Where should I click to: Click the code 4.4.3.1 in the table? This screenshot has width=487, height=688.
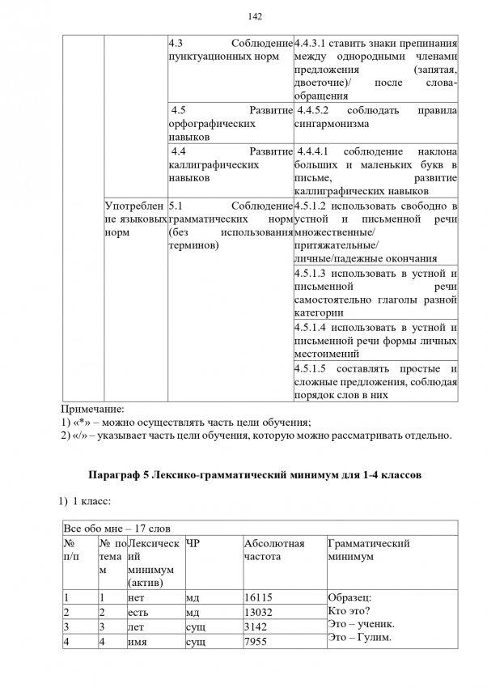tap(318, 43)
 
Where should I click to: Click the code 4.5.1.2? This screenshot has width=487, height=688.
tap(315, 205)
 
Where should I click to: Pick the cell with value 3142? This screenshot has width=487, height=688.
tap(255, 626)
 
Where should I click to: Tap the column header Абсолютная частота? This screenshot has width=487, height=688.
tap(274, 550)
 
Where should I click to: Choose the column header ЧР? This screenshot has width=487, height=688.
tap(193, 543)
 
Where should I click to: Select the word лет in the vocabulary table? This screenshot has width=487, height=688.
tap(136, 626)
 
